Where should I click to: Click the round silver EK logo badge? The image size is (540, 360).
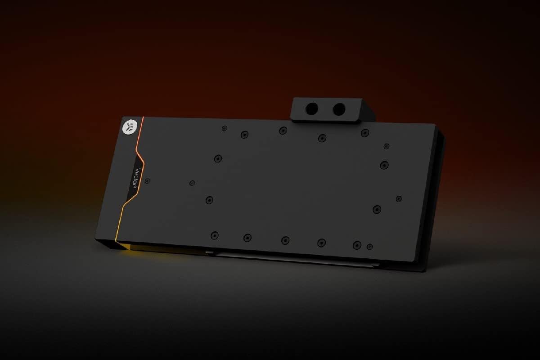click(x=130, y=126)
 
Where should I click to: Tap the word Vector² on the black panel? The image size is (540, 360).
click(x=137, y=177)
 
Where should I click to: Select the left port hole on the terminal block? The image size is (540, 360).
click(x=312, y=108)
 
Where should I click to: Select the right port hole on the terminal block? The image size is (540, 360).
click(x=339, y=109)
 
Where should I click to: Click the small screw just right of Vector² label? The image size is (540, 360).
click(x=147, y=180)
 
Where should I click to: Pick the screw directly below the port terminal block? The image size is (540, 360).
click(x=322, y=138)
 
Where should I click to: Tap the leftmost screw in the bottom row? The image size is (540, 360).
click(x=215, y=235)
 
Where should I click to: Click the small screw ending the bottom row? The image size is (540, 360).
click(x=369, y=247)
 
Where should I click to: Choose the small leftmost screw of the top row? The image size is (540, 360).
click(x=225, y=128)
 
